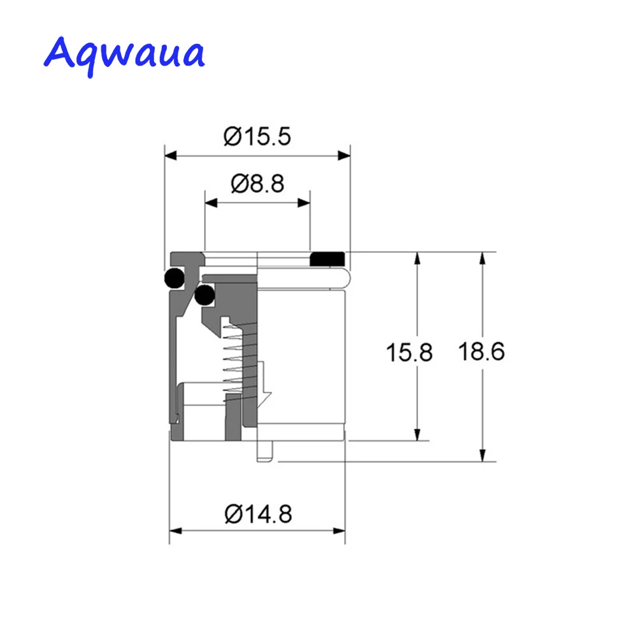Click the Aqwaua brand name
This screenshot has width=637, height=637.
pos(124,55)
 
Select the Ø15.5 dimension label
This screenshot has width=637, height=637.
pos(257,136)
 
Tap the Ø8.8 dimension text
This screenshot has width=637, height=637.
pos(257,183)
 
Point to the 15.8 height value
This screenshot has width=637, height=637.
pos(409,352)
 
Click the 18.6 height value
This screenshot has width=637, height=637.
pos(482,352)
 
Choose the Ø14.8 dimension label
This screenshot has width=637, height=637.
pos(259,514)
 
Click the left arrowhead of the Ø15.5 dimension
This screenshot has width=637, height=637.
pos(171,155)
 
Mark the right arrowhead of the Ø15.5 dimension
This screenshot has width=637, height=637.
pos(344,155)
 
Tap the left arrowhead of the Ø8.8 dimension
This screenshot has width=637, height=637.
pos(211,203)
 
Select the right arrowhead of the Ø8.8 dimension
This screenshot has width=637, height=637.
pos(304,203)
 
